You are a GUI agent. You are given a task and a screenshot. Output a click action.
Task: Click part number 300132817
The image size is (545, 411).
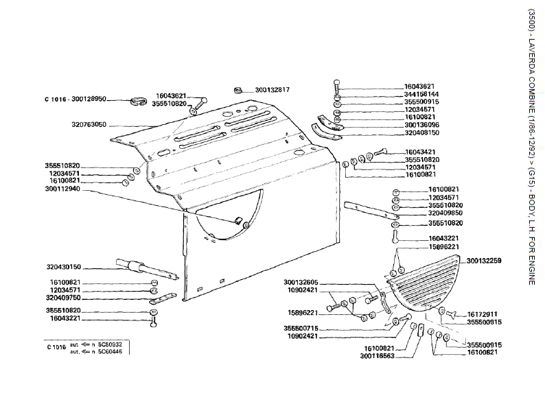click(x=272, y=90)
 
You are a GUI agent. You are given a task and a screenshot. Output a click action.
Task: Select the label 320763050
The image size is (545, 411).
click(x=89, y=124)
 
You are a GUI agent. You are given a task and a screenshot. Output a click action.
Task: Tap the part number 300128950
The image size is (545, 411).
click(x=89, y=99)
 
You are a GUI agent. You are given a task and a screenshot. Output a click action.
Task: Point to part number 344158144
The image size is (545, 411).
click(x=421, y=94)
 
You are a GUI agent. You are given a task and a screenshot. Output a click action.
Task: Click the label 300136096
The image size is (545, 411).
click(x=421, y=125)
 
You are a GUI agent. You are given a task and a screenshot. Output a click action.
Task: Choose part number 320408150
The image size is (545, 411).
click(x=421, y=132)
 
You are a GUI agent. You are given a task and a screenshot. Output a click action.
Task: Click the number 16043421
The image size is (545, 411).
click(x=420, y=152)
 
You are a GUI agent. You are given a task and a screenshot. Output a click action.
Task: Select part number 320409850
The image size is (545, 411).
click(x=445, y=213)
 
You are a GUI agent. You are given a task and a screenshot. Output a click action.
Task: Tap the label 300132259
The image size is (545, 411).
click(x=484, y=261)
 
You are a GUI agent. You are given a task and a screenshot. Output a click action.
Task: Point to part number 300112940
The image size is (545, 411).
click(x=62, y=189)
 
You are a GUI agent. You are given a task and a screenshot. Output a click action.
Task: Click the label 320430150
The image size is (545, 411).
click(x=64, y=267)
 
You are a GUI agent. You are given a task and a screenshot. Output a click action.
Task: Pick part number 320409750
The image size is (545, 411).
click(x=63, y=298)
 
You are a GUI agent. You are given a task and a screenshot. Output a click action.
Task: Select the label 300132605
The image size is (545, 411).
click(x=301, y=283)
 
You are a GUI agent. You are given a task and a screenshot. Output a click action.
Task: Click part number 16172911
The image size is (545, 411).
click(x=483, y=314)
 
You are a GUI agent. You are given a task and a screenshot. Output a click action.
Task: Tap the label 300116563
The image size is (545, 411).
click(x=377, y=356)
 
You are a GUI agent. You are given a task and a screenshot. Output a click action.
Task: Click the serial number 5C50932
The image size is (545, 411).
click(x=111, y=344)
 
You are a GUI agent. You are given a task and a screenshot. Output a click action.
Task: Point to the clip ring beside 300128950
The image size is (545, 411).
click(x=139, y=102)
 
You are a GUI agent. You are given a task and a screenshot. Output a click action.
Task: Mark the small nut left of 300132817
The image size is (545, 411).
click(x=237, y=90)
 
